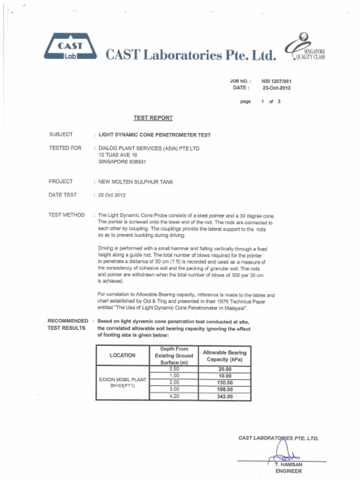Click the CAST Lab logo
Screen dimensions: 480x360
tap(70, 47)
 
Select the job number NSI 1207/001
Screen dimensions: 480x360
tap(277, 81)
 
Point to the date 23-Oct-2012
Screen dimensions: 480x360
tap(277, 88)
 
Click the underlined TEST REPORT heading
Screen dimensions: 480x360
tap(153, 118)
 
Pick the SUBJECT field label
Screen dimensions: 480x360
tap(61, 135)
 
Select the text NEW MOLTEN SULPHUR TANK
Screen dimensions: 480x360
tap(135, 182)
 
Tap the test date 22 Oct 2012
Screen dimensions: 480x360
tap(112, 195)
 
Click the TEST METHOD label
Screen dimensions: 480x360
tap(67, 215)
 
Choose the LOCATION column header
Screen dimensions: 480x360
tap(122, 355)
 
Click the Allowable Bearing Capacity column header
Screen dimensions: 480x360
tap(225, 355)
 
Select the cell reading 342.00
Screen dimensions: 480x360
tap(225, 396)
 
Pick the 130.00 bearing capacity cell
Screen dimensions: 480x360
tap(225, 382)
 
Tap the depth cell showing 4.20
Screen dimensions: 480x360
tap(174, 396)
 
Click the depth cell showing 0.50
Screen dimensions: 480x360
tap(174, 369)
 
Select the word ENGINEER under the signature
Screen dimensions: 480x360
tap(288, 471)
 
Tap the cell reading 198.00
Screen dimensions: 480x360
tap(225, 389)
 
